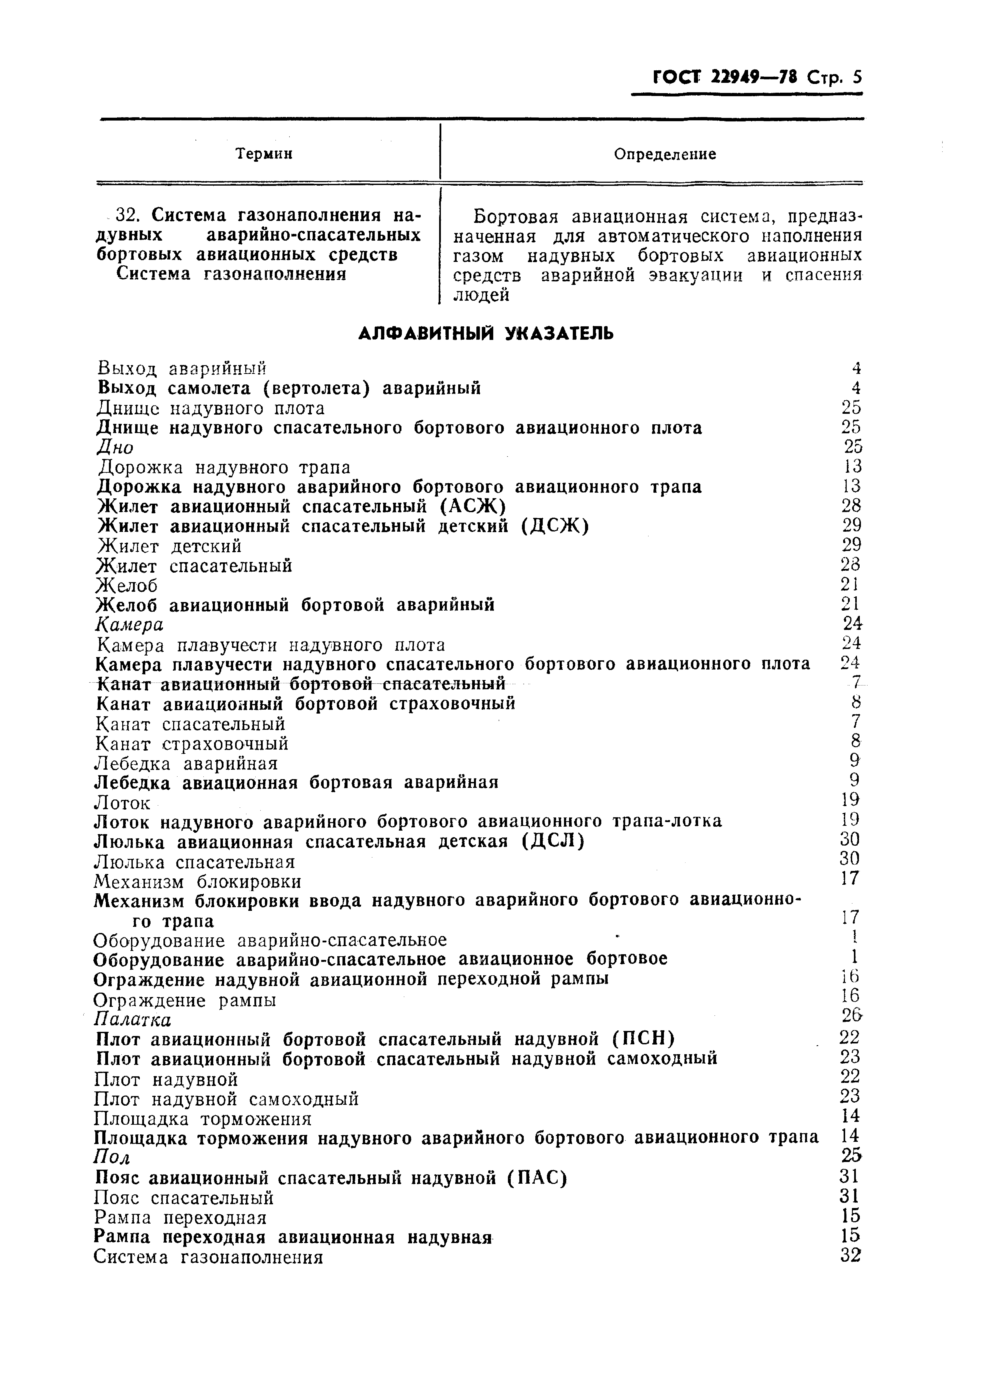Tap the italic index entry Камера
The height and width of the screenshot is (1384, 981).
(130, 624)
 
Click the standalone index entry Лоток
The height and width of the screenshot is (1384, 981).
(123, 803)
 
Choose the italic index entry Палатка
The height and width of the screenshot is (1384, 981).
(133, 1020)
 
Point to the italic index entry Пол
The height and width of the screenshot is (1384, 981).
(112, 1157)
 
